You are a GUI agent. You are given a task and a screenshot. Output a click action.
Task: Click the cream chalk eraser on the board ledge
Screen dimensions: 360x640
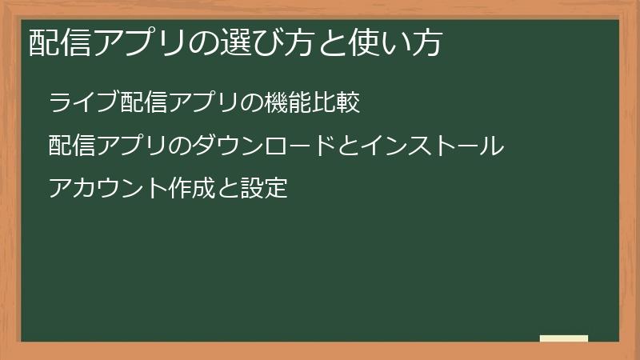[x=564, y=338]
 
